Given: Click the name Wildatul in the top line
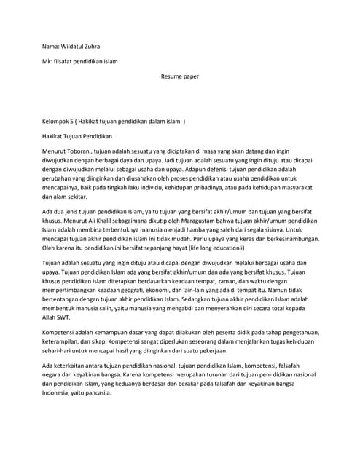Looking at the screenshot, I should coord(78,46).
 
